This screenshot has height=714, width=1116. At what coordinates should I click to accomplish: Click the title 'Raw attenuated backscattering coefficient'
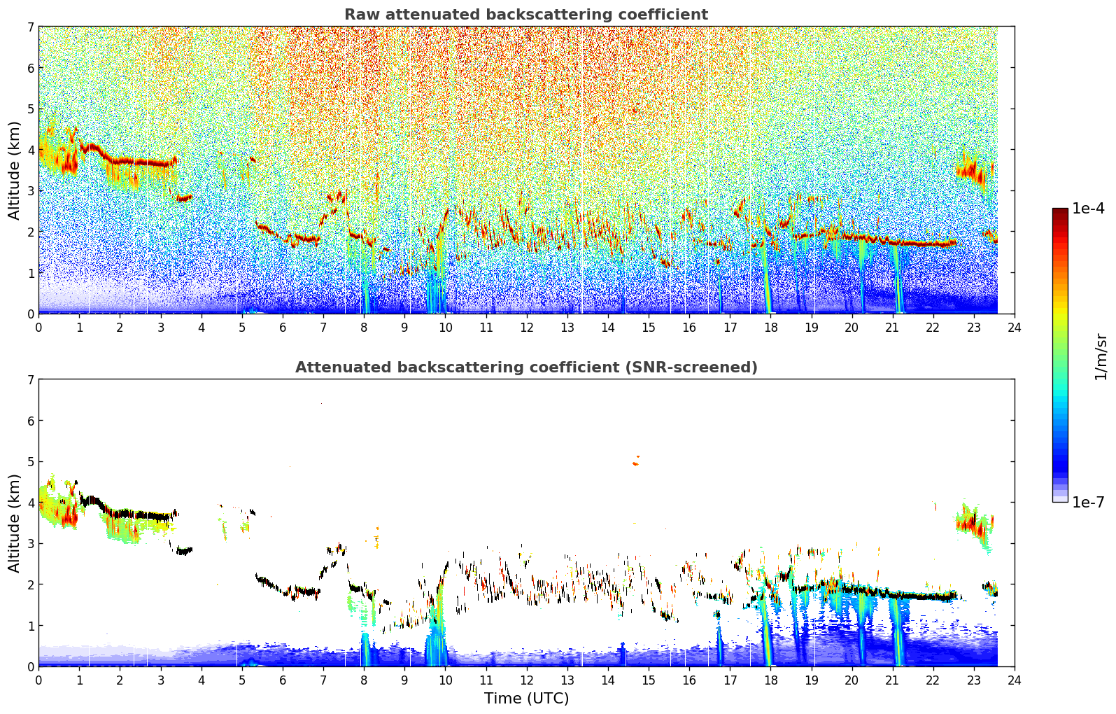click(x=526, y=15)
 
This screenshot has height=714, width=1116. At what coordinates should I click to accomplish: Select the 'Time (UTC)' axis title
click(x=526, y=698)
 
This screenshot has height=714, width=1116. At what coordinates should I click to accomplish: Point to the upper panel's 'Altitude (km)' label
click(x=14, y=171)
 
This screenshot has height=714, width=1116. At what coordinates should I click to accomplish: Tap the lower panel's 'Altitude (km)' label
click(x=14, y=524)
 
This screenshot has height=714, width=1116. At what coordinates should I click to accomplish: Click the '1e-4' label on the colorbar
click(x=1088, y=209)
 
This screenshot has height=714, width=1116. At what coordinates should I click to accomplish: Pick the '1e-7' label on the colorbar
click(x=1088, y=502)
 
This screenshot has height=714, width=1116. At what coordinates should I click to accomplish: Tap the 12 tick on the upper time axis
click(x=527, y=328)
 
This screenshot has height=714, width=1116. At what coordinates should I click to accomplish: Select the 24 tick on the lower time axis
click(x=1015, y=680)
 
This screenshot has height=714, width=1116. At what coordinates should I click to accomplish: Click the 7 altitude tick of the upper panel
click(x=31, y=27)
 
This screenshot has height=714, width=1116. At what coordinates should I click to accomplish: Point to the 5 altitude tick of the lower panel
click(x=31, y=462)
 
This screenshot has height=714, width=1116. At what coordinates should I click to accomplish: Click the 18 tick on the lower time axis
click(x=771, y=680)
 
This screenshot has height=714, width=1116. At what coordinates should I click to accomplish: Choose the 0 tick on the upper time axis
click(x=39, y=328)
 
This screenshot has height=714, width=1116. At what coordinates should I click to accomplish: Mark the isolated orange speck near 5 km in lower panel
click(x=636, y=462)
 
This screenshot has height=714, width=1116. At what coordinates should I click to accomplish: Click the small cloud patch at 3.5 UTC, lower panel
click(x=184, y=551)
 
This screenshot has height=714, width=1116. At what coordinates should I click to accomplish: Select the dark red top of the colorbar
click(x=1060, y=211)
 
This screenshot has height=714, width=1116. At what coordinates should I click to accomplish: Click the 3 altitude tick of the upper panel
click(x=31, y=190)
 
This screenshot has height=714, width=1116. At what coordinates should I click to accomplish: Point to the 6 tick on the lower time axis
click(x=283, y=680)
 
